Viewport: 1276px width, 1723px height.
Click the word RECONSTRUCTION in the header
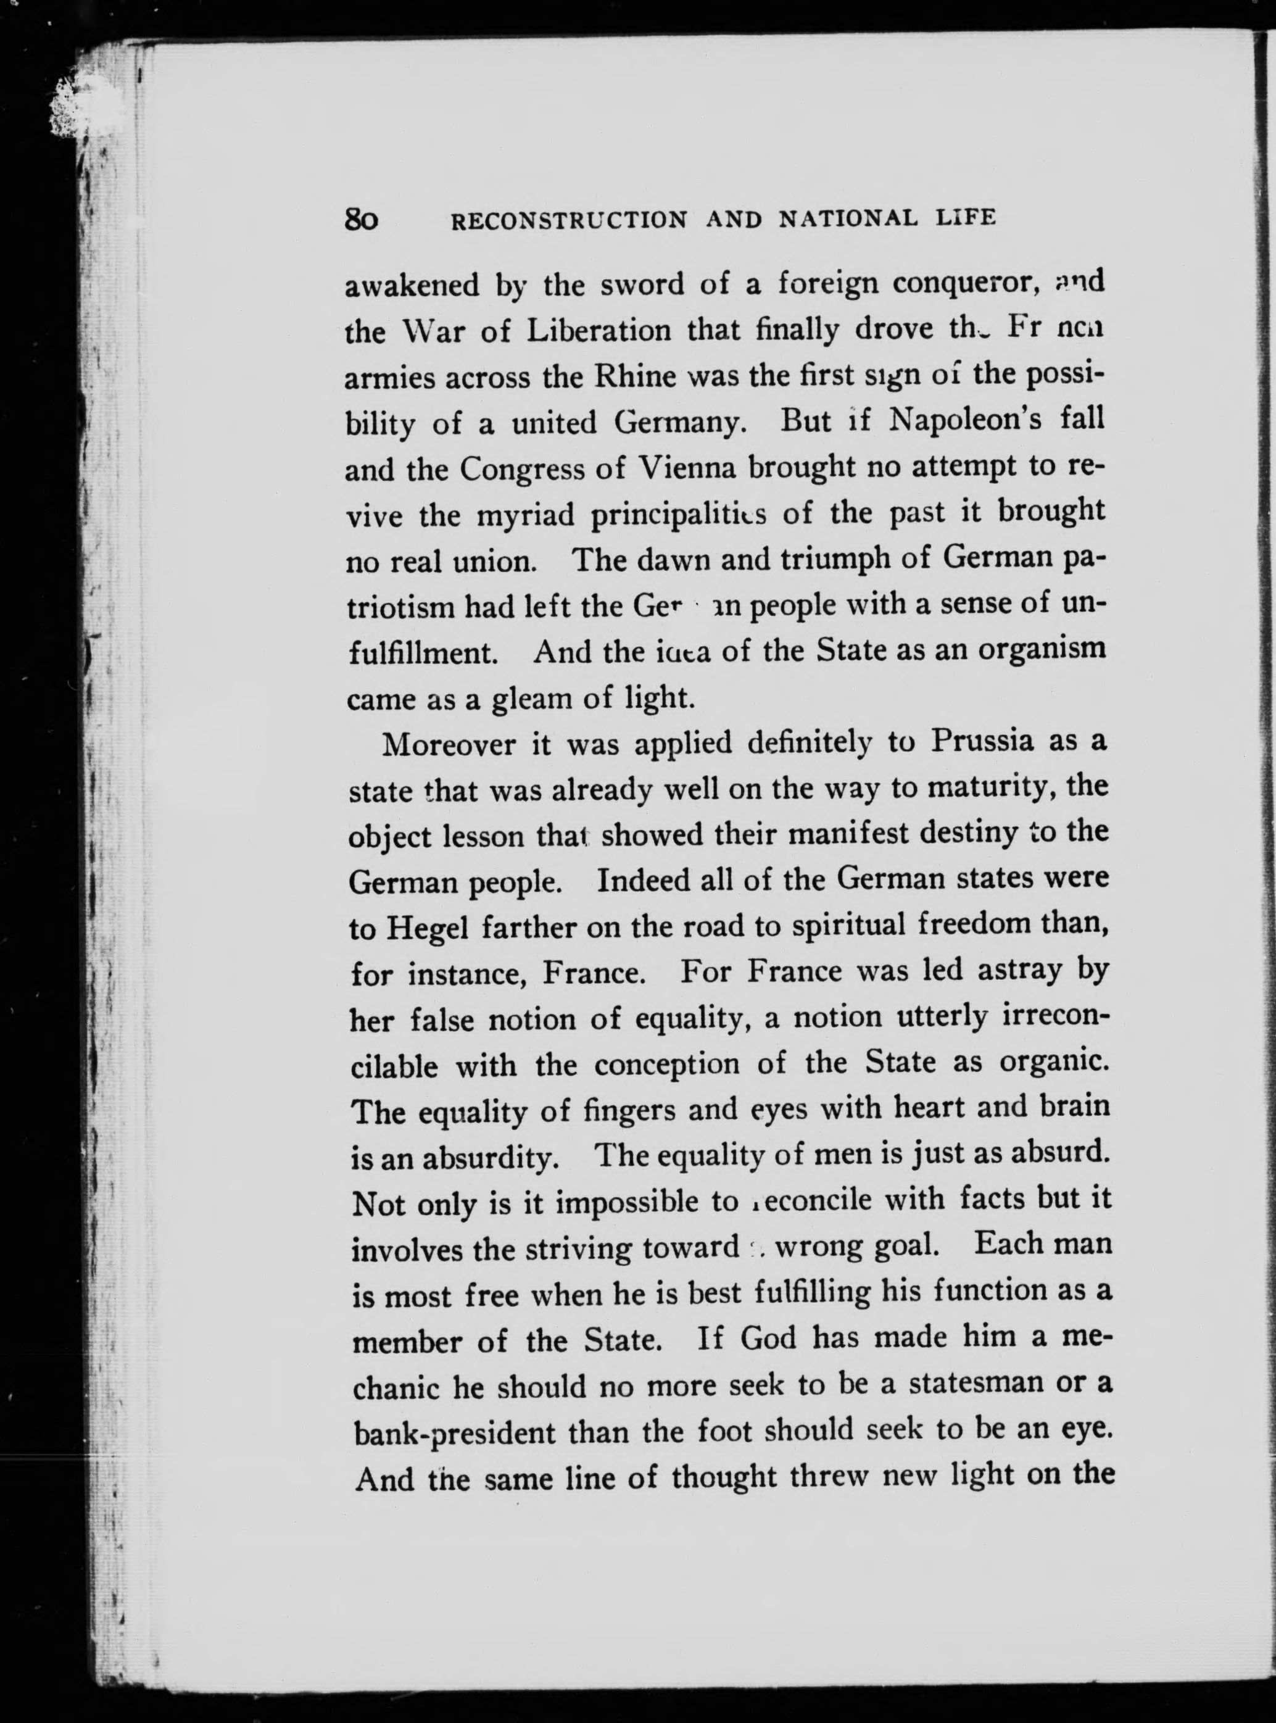coord(568,221)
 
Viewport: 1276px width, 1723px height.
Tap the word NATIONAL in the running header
coord(848,220)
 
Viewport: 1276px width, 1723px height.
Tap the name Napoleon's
coord(955,421)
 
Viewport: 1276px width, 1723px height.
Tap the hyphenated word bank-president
coord(454,1434)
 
